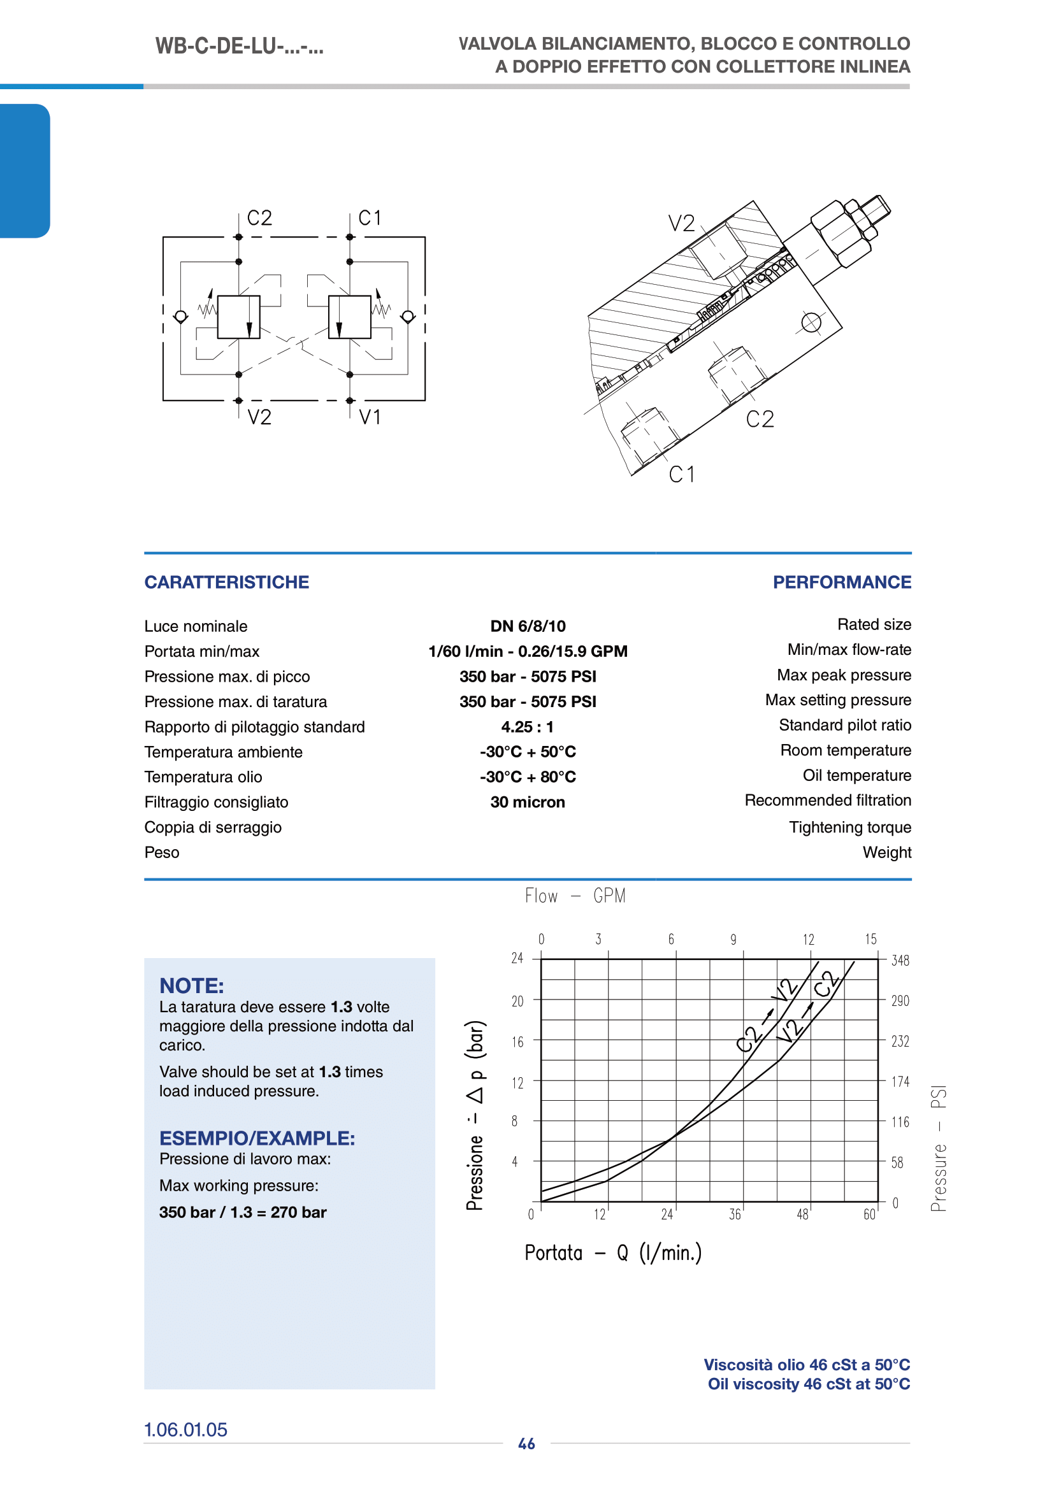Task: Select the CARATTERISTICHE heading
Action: pos(226,582)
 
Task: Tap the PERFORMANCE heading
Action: pos(842,582)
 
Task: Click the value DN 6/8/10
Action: pos(528,626)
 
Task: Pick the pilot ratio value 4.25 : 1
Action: pos(527,727)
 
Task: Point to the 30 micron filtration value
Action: pos(528,802)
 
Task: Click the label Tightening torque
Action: pos(850,827)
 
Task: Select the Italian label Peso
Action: pos(162,852)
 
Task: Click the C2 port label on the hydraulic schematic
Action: pos(259,218)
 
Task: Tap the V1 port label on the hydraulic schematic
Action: pos(370,417)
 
